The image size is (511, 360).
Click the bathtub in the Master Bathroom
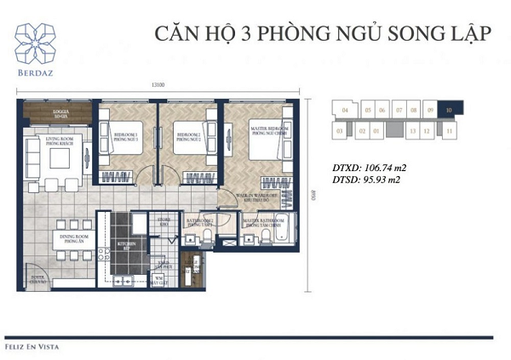(282, 229)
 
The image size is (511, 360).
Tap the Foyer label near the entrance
(37, 277)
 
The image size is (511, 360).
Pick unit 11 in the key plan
(448, 132)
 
